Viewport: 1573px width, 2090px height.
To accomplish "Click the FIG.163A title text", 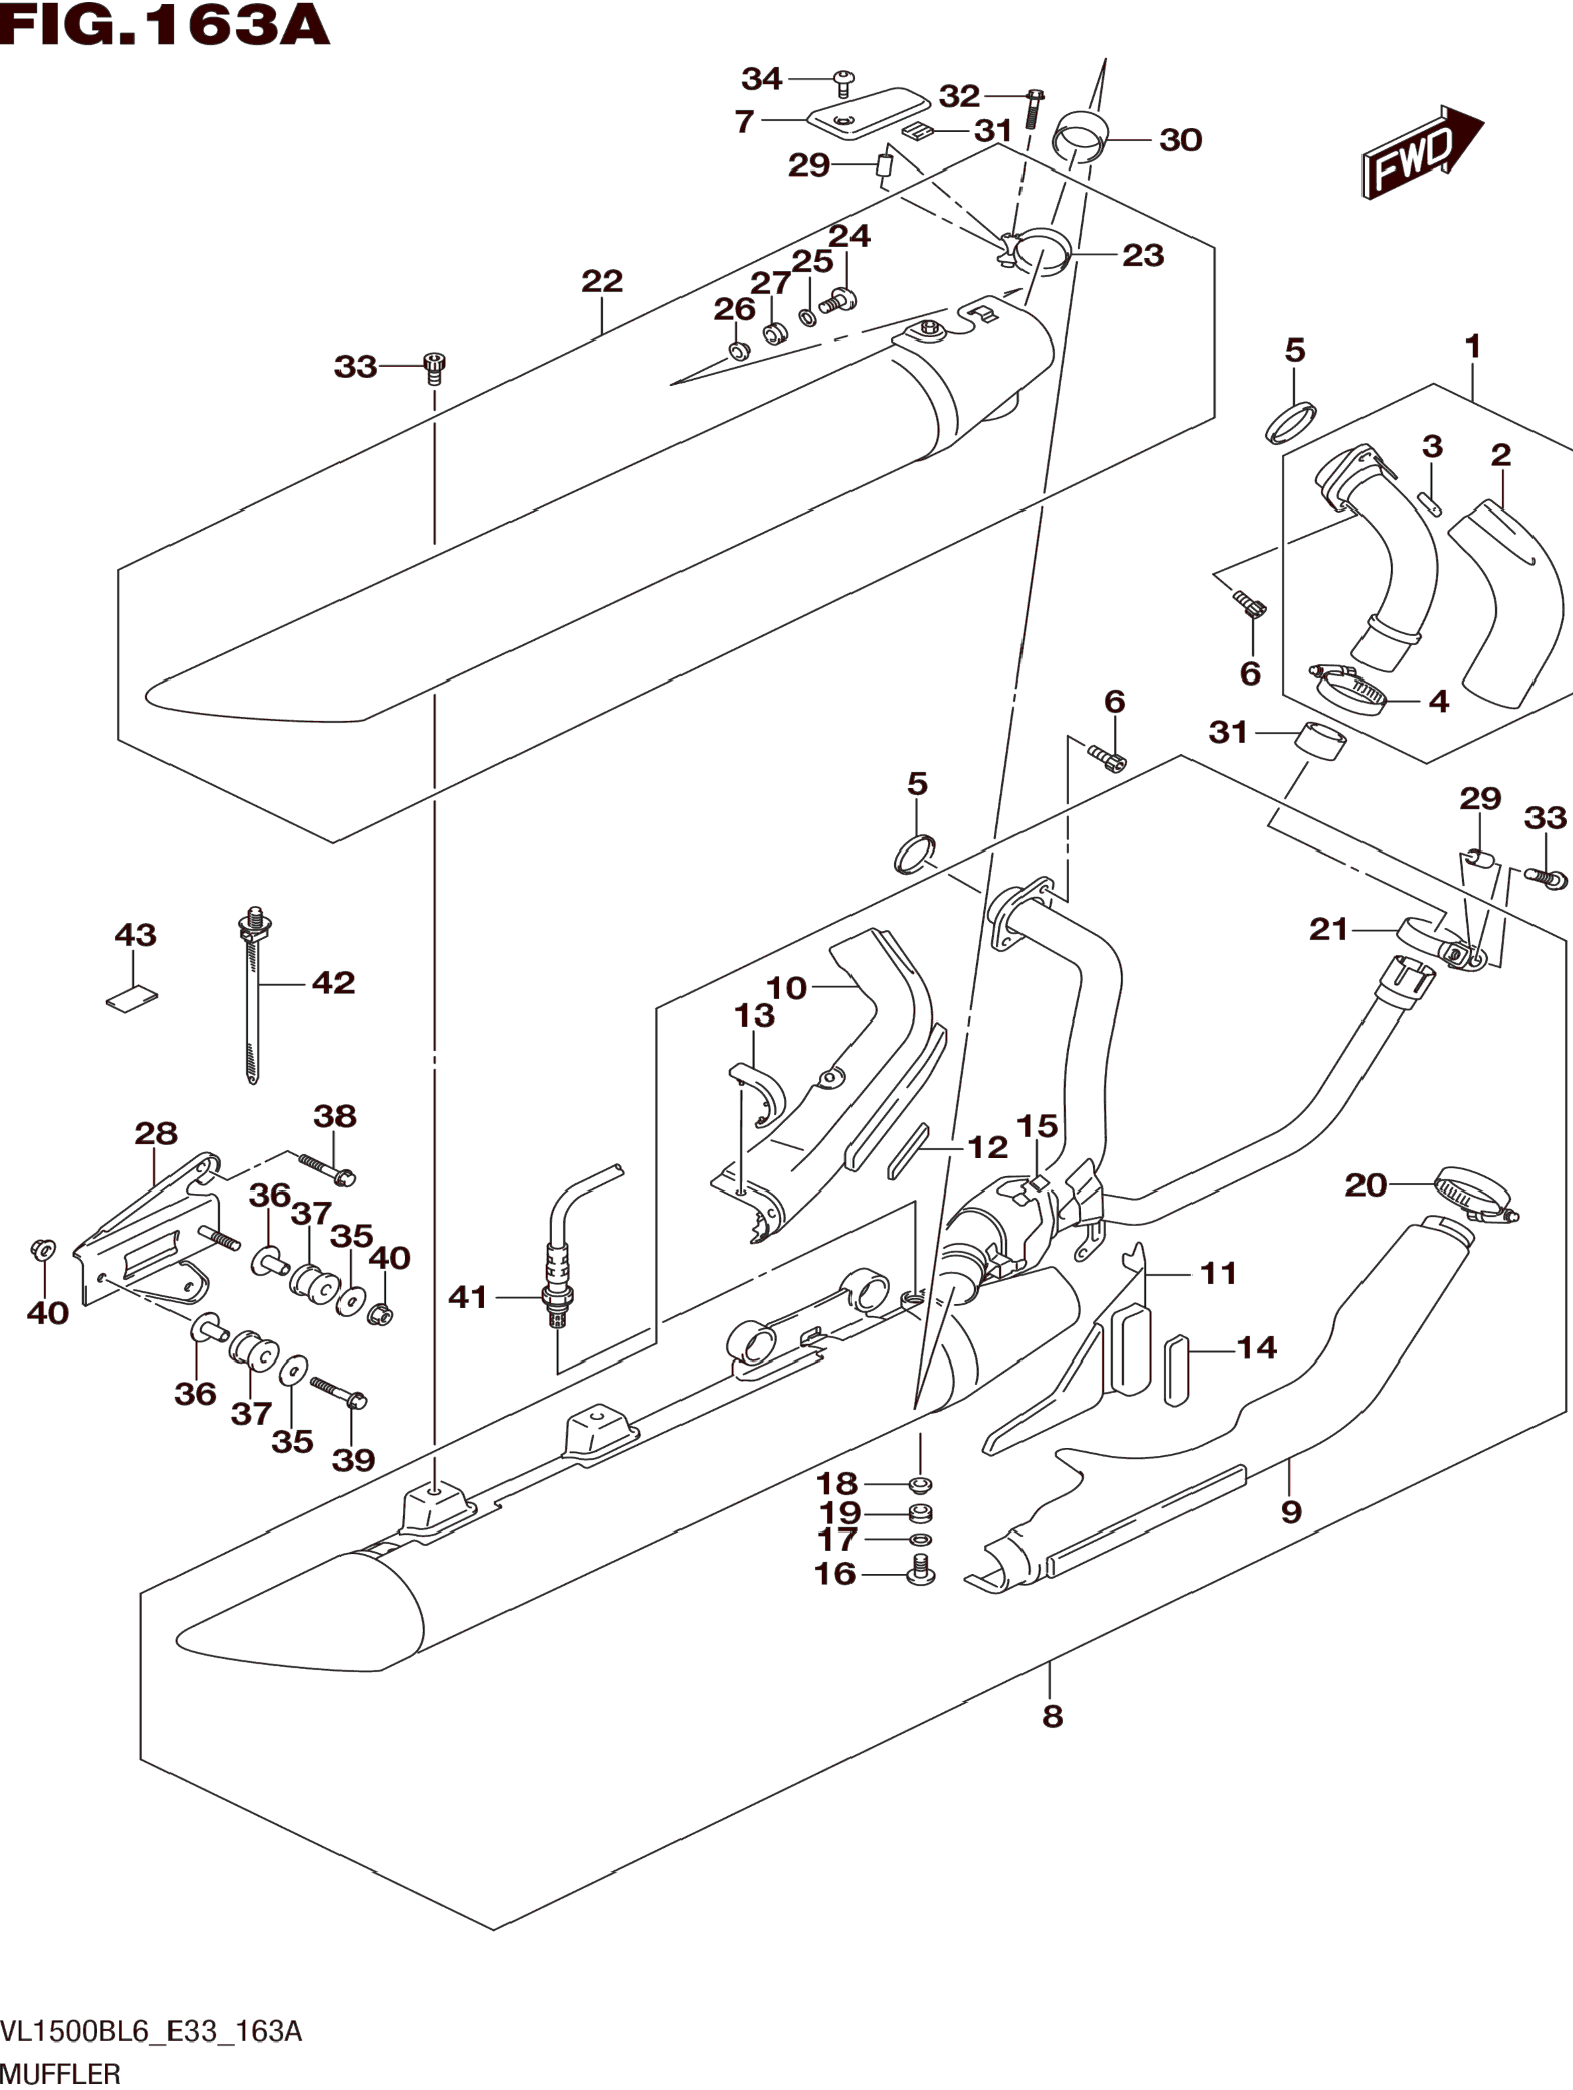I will [x=166, y=26].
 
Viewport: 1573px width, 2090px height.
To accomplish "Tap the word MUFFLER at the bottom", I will [x=61, y=2073].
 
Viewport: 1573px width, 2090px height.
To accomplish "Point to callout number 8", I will [x=1052, y=1716].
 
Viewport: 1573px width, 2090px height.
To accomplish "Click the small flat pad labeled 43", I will [x=131, y=998].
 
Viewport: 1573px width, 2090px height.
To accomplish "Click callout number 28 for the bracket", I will [x=156, y=1133].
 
